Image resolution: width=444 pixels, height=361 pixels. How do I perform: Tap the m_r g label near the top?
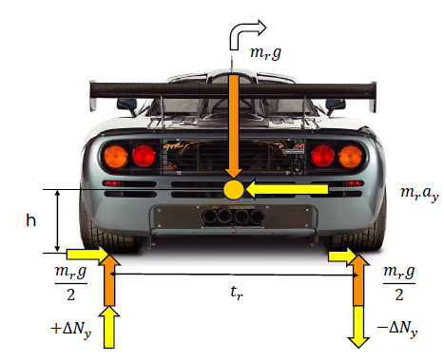[265, 52]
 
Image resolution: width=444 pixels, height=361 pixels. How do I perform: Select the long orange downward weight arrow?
[234, 126]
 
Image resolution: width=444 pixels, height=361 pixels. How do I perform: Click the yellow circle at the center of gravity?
[234, 190]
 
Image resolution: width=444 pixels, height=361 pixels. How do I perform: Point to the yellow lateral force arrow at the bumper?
[287, 189]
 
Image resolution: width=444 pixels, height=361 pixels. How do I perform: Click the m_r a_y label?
[419, 193]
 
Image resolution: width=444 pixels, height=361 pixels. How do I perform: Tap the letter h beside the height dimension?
[30, 220]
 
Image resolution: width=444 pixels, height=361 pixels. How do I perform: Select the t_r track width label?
[237, 293]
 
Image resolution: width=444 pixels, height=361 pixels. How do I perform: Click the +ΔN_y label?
[71, 330]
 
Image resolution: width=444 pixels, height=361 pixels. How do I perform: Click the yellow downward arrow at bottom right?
[358, 327]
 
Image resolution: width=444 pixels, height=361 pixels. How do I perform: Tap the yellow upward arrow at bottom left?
[109, 327]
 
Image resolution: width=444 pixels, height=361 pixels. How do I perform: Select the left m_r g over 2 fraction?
[71, 283]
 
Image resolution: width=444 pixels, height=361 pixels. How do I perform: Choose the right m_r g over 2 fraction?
[399, 283]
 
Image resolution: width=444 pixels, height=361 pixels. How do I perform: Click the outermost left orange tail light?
[116, 157]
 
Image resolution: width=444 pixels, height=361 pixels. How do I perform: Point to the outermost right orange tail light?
[350, 157]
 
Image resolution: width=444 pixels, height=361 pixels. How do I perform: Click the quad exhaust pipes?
[233, 216]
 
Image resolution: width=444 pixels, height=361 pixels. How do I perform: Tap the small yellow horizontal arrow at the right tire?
[342, 256]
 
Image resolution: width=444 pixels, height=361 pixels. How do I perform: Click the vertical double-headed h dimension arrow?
[57, 221]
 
